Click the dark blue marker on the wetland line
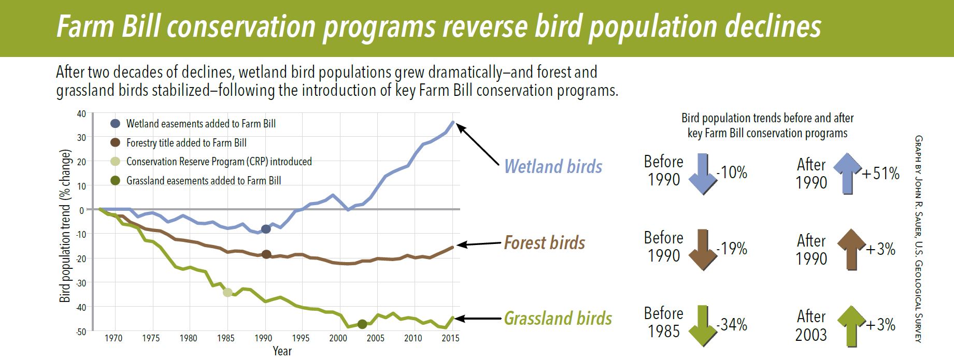click(x=266, y=229)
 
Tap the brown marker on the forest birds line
click(x=266, y=254)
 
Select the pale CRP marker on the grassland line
click(x=227, y=293)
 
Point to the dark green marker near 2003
click(x=362, y=324)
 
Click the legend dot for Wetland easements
click(x=115, y=124)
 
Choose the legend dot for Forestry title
click(x=115, y=142)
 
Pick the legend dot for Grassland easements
click(x=115, y=181)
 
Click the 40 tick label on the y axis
click(x=81, y=113)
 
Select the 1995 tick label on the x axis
click(x=301, y=339)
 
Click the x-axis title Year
click(x=282, y=351)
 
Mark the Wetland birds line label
click(x=553, y=166)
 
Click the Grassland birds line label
click(x=558, y=318)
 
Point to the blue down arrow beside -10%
click(x=703, y=174)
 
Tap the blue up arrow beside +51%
click(x=848, y=174)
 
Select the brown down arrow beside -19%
click(x=703, y=250)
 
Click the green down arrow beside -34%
click(x=703, y=326)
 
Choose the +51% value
click(x=880, y=174)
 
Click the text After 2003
click(x=811, y=325)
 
